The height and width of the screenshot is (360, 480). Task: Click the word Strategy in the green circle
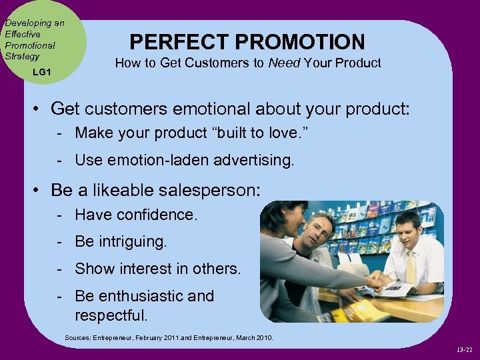pos(22,56)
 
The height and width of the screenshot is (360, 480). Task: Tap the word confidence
pos(157,215)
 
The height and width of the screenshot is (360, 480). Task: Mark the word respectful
pos(111,314)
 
